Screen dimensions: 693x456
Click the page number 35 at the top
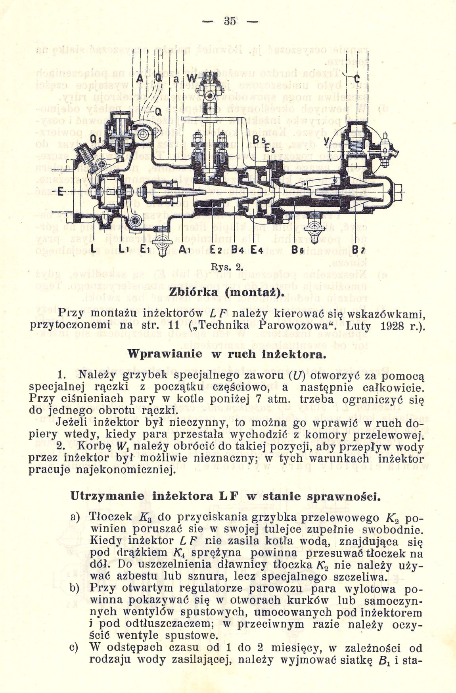tap(229, 21)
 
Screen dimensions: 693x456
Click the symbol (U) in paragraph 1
tap(293, 375)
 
